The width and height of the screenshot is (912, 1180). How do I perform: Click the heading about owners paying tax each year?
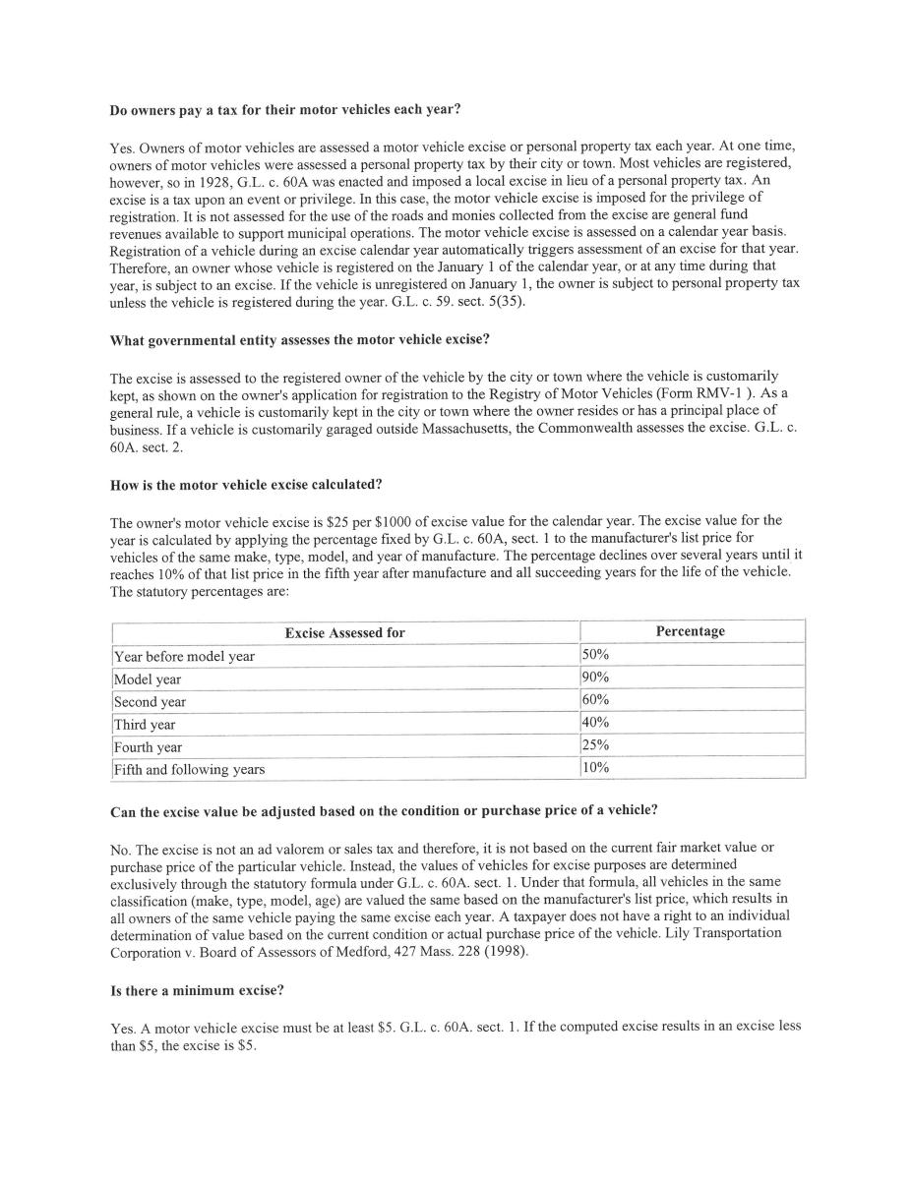point(285,109)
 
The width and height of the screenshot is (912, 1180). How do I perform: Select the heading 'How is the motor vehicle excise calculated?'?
point(246,485)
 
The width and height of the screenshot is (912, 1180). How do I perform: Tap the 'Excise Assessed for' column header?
point(344,632)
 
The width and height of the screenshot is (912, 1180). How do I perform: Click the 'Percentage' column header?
point(691,631)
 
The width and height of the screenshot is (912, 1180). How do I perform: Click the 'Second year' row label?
point(150,702)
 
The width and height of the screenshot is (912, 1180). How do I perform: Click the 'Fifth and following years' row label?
point(189,769)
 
